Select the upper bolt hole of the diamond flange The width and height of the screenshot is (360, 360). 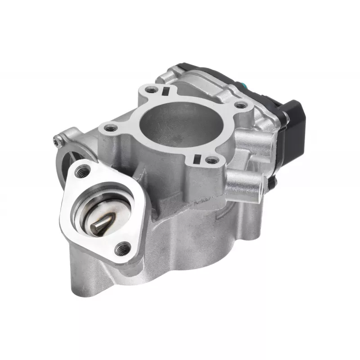(x=82, y=170)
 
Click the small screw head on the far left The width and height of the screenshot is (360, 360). (x=56, y=141)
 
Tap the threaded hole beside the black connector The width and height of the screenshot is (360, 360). (x=242, y=106)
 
